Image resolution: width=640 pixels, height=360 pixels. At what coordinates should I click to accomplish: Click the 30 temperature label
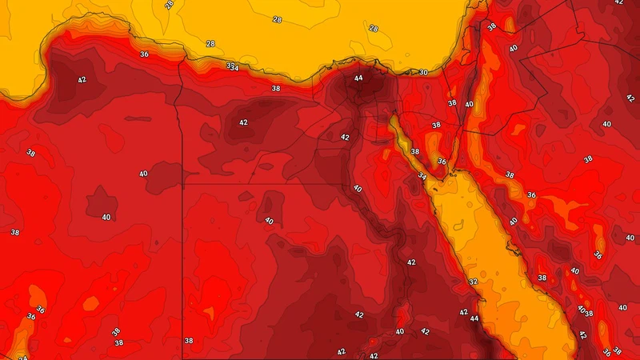pyautogui.click(x=423, y=73)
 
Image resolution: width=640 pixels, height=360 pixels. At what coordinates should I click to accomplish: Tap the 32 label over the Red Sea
pyautogui.click(x=473, y=282)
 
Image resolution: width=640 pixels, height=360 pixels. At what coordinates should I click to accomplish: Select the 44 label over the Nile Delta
pyautogui.click(x=358, y=78)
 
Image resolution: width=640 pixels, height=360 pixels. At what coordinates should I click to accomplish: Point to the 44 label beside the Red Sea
pyautogui.click(x=474, y=318)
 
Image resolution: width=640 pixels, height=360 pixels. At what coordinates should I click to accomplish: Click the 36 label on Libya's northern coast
pyautogui.click(x=144, y=54)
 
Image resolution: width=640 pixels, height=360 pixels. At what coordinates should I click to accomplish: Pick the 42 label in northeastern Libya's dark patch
pyautogui.click(x=82, y=80)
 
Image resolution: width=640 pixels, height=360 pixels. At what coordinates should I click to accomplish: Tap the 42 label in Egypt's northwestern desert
pyautogui.click(x=243, y=122)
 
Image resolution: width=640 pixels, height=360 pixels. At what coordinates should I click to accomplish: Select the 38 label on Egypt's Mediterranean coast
pyautogui.click(x=276, y=88)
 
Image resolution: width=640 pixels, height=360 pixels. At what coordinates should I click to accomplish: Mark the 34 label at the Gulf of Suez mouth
pyautogui.click(x=422, y=175)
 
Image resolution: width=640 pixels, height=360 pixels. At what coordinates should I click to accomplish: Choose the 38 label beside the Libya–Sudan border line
pyautogui.click(x=189, y=340)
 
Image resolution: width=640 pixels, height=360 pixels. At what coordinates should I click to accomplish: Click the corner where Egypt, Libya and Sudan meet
pyautogui.click(x=183, y=186)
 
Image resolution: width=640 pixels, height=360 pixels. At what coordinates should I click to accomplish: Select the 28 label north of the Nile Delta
pyautogui.click(x=373, y=28)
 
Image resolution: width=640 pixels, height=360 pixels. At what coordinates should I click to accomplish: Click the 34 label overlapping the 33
pyautogui.click(x=234, y=68)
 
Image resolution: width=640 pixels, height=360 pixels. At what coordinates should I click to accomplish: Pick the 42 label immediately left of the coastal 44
pyautogui.click(x=463, y=312)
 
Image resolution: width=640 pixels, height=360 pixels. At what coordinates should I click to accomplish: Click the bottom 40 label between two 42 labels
pyautogui.click(x=400, y=332)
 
